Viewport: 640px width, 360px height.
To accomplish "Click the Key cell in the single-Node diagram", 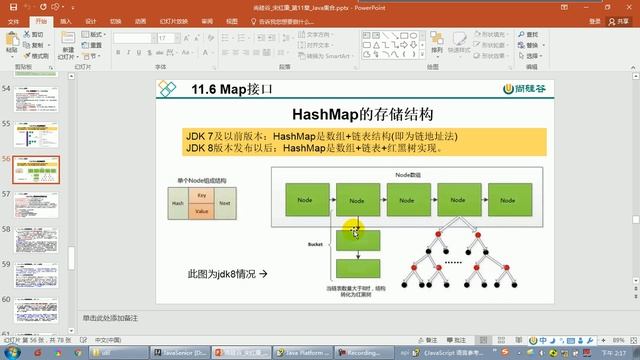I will pyautogui.click(x=202, y=194).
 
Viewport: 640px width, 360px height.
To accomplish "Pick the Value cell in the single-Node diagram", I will pyautogui.click(x=202, y=211).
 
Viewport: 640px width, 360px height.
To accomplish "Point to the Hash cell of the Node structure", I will pyautogui.click(x=178, y=203).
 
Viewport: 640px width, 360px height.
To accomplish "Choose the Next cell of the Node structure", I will pyautogui.click(x=225, y=203).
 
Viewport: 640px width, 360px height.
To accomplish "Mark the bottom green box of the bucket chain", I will pyautogui.click(x=357, y=268).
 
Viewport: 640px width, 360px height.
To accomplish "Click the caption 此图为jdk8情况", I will pyautogui.click(x=227, y=272).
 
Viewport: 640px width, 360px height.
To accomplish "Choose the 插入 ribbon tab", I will pyautogui.click(x=64, y=19).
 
